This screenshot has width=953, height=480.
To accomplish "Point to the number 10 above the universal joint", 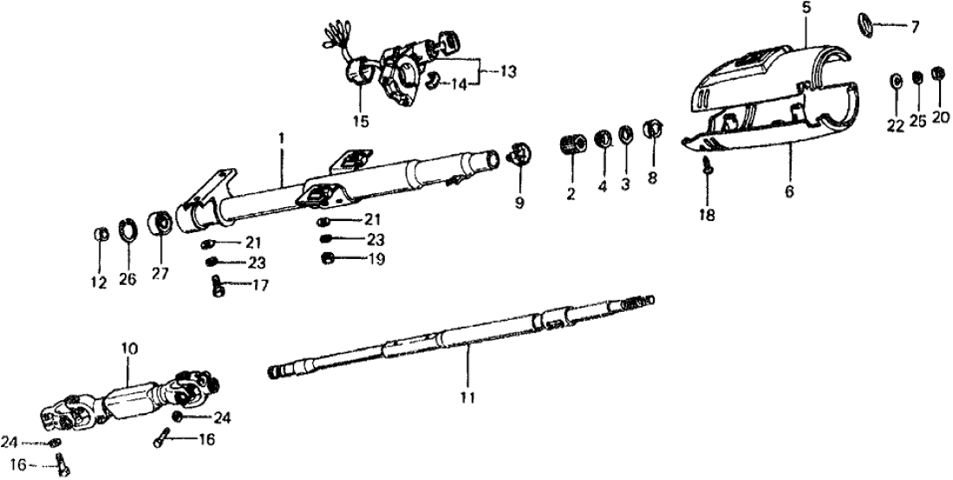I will click(x=129, y=349).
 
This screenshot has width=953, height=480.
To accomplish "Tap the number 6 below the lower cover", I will click(x=789, y=192).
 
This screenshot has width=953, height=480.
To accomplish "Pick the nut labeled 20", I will click(x=937, y=73).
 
